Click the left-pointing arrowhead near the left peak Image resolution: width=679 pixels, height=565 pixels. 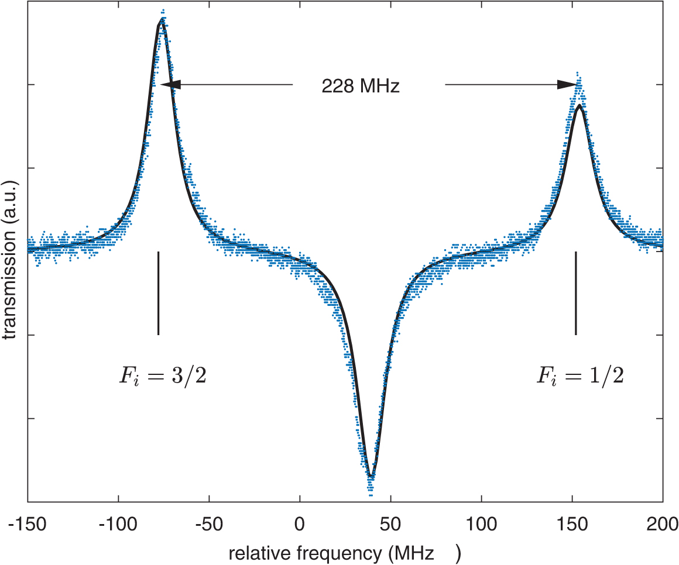click(171, 85)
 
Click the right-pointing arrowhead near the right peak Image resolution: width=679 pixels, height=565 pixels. click(567, 85)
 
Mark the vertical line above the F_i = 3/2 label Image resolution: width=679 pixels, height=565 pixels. click(158, 292)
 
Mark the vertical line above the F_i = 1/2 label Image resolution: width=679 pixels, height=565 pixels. click(576, 292)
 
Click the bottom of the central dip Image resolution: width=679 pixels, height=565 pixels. click(371, 477)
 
